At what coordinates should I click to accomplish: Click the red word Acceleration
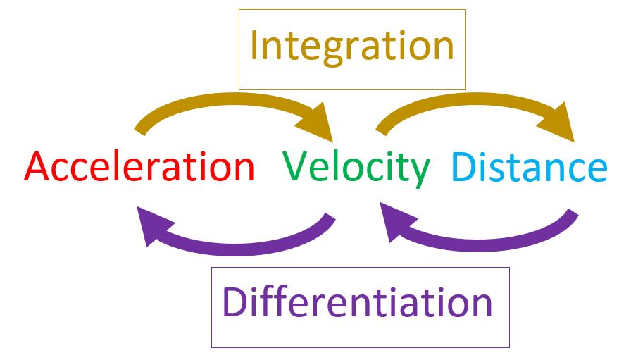coord(139,168)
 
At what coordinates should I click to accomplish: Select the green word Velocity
coord(356,168)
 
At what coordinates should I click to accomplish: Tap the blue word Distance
coord(528,168)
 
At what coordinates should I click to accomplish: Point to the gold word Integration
coord(351,46)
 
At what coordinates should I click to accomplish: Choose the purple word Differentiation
coord(357,303)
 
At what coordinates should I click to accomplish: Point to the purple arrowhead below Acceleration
coord(149,225)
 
